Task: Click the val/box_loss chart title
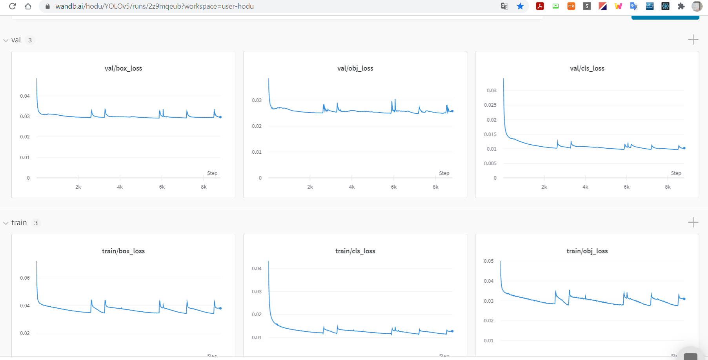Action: (123, 68)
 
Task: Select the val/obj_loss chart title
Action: (355, 68)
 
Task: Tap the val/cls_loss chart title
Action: (587, 68)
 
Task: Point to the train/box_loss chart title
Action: (123, 251)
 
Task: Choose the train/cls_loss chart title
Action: (355, 251)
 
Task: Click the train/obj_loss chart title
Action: (587, 251)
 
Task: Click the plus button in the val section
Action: (693, 40)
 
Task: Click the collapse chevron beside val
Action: (5, 40)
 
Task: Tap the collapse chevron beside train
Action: (5, 223)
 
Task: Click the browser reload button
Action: (13, 6)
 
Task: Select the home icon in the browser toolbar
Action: (28, 6)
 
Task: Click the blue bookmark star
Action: (520, 6)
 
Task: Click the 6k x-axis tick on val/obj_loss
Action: (393, 187)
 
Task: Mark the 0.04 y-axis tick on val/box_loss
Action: (25, 96)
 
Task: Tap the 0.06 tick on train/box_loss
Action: (25, 278)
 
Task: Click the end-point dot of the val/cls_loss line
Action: (684, 148)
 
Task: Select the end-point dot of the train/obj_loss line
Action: (684, 299)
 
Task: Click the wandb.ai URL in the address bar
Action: (155, 6)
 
